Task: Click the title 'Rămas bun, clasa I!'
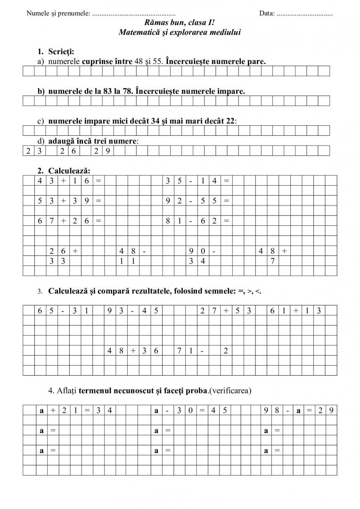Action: click(x=180, y=23)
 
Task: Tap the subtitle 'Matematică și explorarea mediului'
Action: click(x=180, y=32)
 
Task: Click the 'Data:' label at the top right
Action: click(x=267, y=13)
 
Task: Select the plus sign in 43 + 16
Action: click(x=63, y=181)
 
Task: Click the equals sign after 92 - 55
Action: click(x=226, y=201)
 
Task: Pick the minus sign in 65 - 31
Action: click(x=63, y=310)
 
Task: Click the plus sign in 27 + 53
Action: click(x=226, y=310)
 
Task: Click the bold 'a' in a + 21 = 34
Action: click(x=41, y=410)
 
